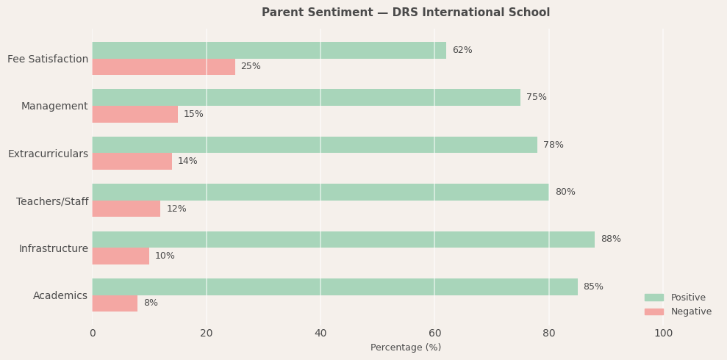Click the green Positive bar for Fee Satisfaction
click(x=269, y=50)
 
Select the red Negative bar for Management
click(x=135, y=114)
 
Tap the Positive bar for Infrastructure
click(x=343, y=240)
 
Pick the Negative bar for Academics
click(x=115, y=303)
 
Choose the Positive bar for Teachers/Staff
click(x=320, y=192)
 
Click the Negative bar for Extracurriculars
click(x=132, y=162)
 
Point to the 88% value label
click(x=610, y=240)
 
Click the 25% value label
click(x=251, y=67)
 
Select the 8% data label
click(x=151, y=303)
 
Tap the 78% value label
click(x=553, y=145)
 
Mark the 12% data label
click(x=176, y=209)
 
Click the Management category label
click(x=54, y=107)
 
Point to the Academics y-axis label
click(x=60, y=296)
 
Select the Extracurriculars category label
click(x=48, y=154)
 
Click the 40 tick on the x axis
click(x=320, y=334)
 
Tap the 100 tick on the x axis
click(x=663, y=334)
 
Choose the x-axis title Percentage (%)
click(x=406, y=348)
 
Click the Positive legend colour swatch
click(x=653, y=298)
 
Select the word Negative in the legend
click(x=691, y=312)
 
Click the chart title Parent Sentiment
click(x=406, y=12)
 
